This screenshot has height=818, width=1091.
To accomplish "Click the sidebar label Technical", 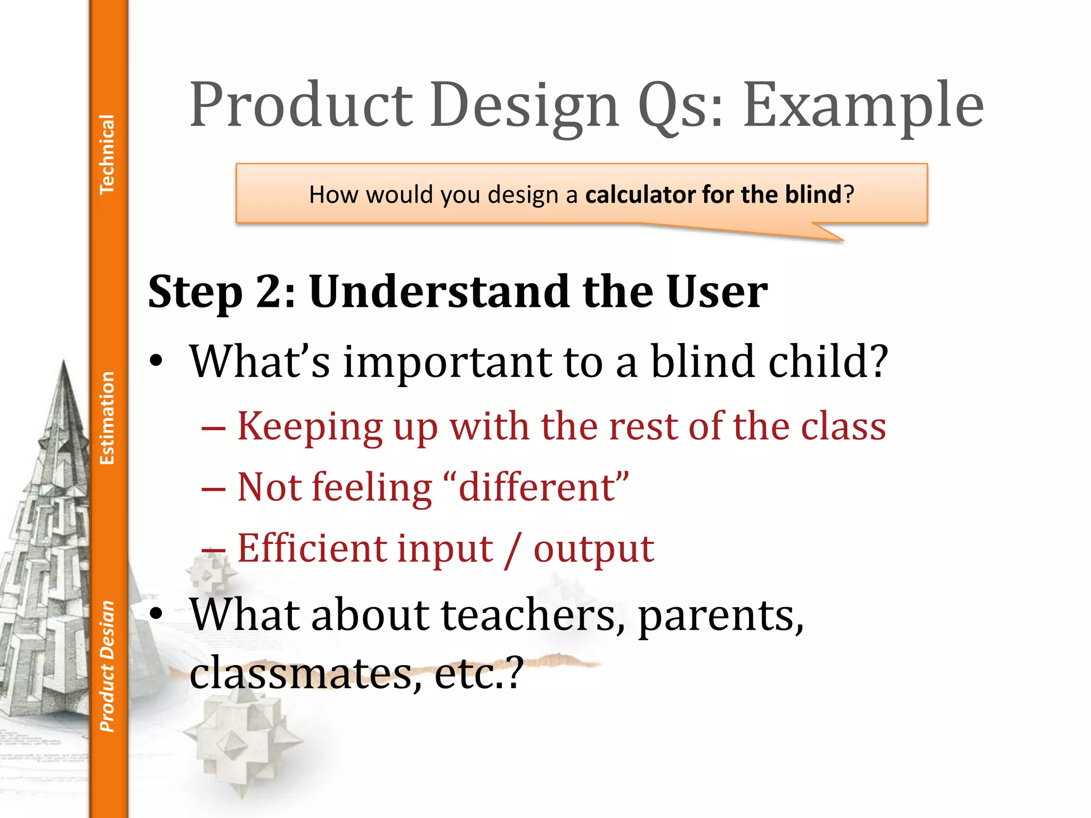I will [x=107, y=154].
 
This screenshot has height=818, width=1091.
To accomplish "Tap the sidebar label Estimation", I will [x=107, y=418].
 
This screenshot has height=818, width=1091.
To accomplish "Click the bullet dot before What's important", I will [x=156, y=362].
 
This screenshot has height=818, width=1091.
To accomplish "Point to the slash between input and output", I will [x=513, y=549].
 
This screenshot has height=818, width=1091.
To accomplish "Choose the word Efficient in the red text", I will [x=311, y=548].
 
